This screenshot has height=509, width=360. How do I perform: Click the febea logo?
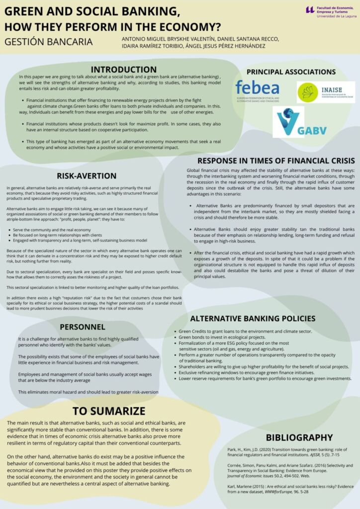(257, 91)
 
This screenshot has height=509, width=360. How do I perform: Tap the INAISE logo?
(326, 92)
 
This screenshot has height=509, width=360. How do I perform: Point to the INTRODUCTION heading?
(123, 69)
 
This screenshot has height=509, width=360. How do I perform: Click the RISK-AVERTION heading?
(87, 175)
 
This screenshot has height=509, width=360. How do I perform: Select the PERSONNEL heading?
(83, 327)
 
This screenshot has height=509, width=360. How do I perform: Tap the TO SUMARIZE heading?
(109, 411)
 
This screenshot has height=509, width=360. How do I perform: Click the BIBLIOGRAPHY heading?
(299, 437)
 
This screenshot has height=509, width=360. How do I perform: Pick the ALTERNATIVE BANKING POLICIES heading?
(252, 318)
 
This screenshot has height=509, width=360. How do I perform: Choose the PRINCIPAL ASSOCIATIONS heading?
(291, 72)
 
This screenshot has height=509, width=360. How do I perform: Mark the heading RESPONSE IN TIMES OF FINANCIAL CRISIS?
(276, 161)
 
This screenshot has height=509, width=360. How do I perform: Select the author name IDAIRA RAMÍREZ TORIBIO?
(165, 46)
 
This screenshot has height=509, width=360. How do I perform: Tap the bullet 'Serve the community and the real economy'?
(52, 230)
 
